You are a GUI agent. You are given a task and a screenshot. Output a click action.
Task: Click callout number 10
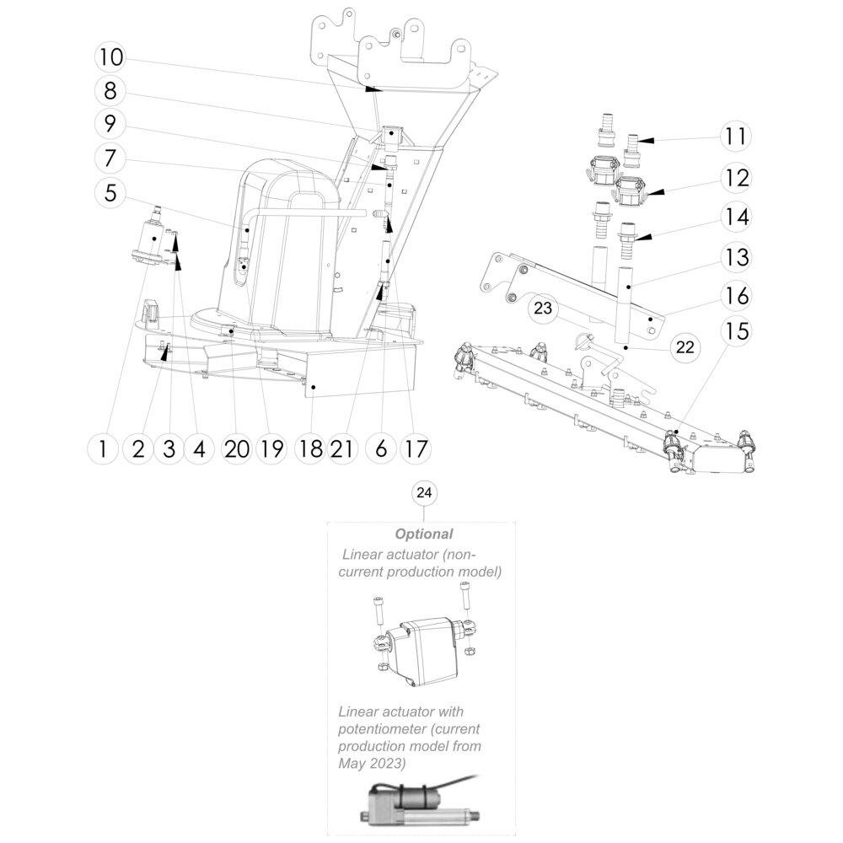pos(110,57)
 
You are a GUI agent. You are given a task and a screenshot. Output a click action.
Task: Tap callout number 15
pos(737,330)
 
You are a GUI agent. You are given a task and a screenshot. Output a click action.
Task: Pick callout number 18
pos(310,449)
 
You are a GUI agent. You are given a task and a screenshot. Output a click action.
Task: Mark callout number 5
pos(110,192)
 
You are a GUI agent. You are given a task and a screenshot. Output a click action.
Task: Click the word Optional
pos(424,534)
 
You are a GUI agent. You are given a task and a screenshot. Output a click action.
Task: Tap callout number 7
pos(110,158)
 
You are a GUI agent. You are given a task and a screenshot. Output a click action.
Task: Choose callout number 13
pos(737,255)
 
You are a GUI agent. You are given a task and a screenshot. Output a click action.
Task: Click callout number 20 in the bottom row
pos(237,449)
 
